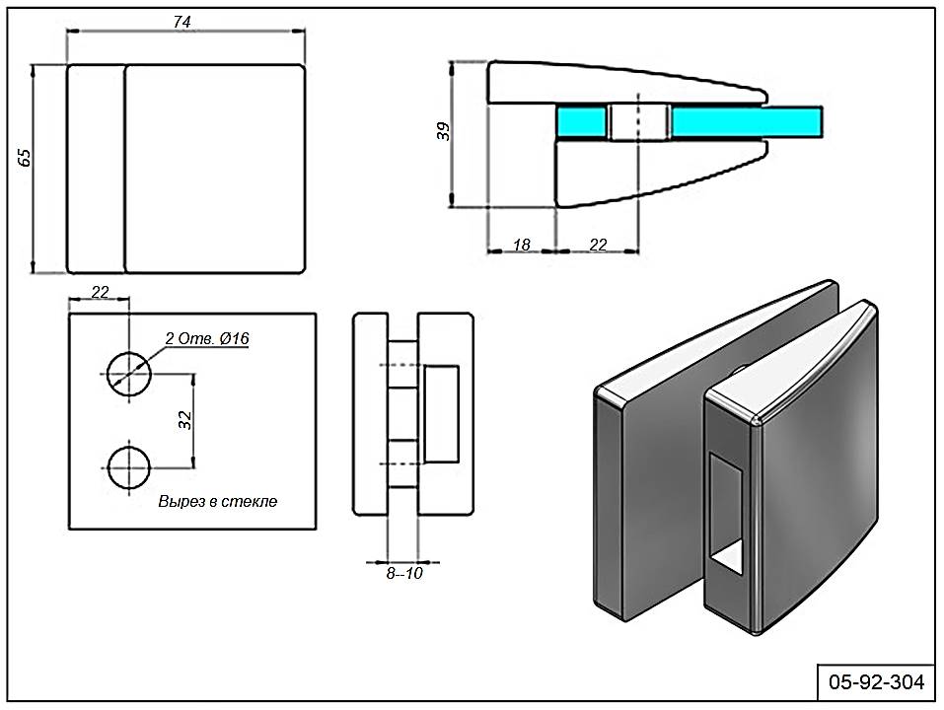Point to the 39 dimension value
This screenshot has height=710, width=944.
[444, 130]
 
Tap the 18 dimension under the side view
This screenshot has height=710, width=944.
[522, 245]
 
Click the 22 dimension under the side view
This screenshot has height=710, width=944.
[598, 245]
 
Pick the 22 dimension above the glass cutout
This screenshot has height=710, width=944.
[100, 291]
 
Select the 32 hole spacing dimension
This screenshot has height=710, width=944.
[184, 419]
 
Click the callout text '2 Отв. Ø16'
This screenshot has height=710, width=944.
[208, 339]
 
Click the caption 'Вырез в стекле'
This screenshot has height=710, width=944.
[218, 501]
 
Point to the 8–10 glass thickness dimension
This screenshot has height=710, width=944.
[403, 573]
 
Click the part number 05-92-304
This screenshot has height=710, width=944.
[876, 681]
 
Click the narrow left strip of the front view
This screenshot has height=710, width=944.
[96, 169]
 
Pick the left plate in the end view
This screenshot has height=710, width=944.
[371, 414]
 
